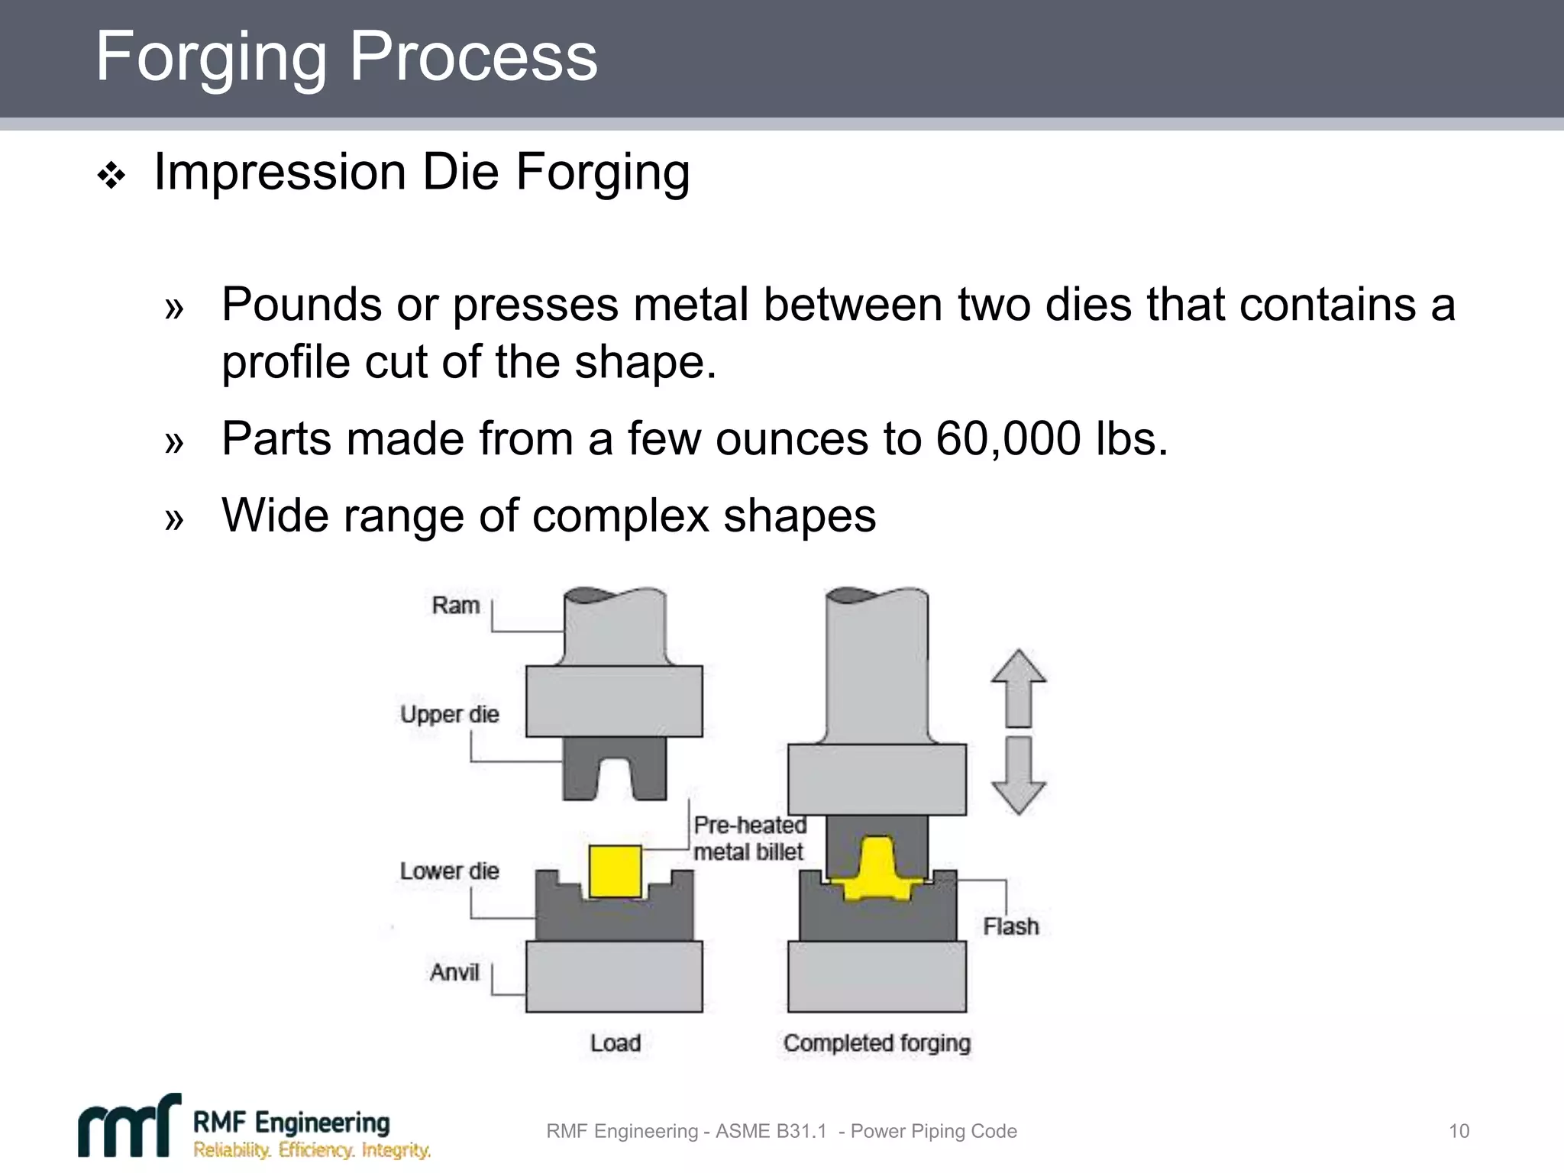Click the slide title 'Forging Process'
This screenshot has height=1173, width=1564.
pyautogui.click(x=346, y=57)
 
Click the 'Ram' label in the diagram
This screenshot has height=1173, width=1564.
pyautogui.click(x=455, y=606)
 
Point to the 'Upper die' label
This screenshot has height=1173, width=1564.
pyautogui.click(x=449, y=715)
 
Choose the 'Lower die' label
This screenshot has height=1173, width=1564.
pyautogui.click(x=449, y=871)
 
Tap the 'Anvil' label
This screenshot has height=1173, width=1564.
pyautogui.click(x=454, y=973)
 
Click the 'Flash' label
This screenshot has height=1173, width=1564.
pyautogui.click(x=1010, y=927)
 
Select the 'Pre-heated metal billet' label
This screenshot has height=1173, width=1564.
pyautogui.click(x=749, y=839)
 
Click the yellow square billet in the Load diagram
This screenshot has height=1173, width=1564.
pyautogui.click(x=615, y=871)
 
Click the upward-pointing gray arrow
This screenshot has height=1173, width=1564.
pyautogui.click(x=1018, y=687)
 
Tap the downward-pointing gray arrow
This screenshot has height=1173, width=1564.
pyautogui.click(x=1018, y=775)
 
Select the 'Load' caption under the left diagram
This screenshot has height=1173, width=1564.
pyautogui.click(x=615, y=1043)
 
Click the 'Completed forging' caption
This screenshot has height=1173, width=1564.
pyautogui.click(x=877, y=1043)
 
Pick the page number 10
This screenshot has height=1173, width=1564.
pyautogui.click(x=1459, y=1131)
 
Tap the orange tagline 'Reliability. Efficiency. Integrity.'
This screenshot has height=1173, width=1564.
pyautogui.click(x=312, y=1150)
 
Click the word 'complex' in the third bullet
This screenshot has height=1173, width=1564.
pyautogui.click(x=621, y=516)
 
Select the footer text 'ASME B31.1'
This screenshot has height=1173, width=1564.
pyautogui.click(x=771, y=1131)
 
